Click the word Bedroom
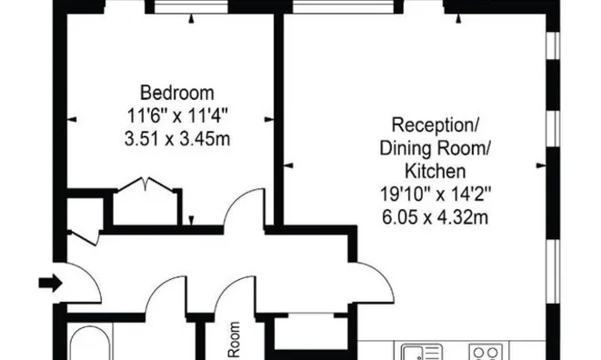click(176, 93)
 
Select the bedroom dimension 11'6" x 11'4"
click(177, 115)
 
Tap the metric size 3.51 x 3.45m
click(177, 138)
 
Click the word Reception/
click(435, 125)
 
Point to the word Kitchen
click(435, 171)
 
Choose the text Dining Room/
click(435, 148)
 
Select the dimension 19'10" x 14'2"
click(435, 194)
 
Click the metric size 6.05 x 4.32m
click(435, 217)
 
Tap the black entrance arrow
click(51, 283)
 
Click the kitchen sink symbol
click(422, 352)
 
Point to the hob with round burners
click(486, 352)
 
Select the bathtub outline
click(89, 343)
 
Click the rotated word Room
click(235, 340)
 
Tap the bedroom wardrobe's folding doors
click(145, 184)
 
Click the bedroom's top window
click(191, 7)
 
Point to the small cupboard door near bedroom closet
click(84, 237)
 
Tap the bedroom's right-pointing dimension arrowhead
click(269, 119)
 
